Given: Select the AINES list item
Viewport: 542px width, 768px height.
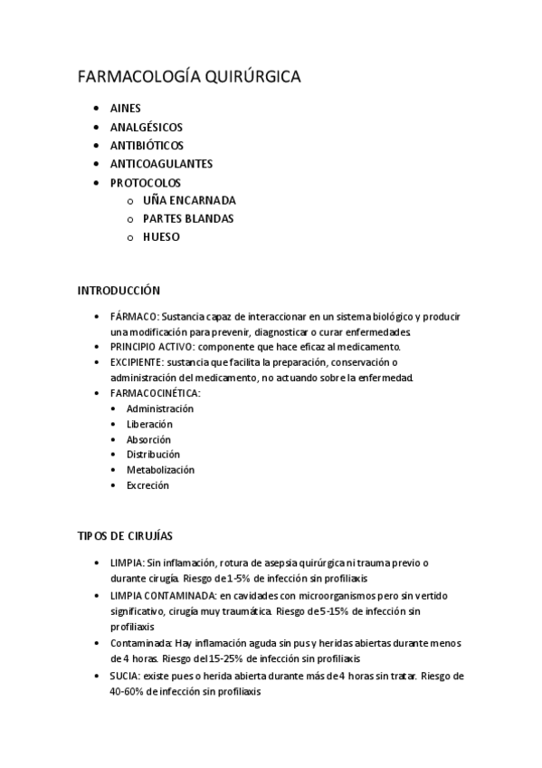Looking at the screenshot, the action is [125, 108].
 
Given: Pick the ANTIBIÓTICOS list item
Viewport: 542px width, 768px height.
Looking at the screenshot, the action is [147, 145].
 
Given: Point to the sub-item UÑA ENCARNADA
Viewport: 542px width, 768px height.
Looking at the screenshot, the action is [189, 200].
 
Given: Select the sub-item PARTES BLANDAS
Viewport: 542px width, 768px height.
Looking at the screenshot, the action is [188, 219].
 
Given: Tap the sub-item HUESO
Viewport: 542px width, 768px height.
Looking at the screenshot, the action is [161, 237].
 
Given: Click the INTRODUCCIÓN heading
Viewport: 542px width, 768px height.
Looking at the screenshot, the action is [119, 291].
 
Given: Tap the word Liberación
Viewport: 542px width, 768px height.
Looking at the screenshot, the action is [149, 424].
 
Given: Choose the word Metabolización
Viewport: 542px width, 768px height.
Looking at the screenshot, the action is [160, 470].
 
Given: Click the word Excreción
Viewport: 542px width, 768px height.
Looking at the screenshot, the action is [147, 485].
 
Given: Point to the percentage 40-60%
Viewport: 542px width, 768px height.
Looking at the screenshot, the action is [126, 692].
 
